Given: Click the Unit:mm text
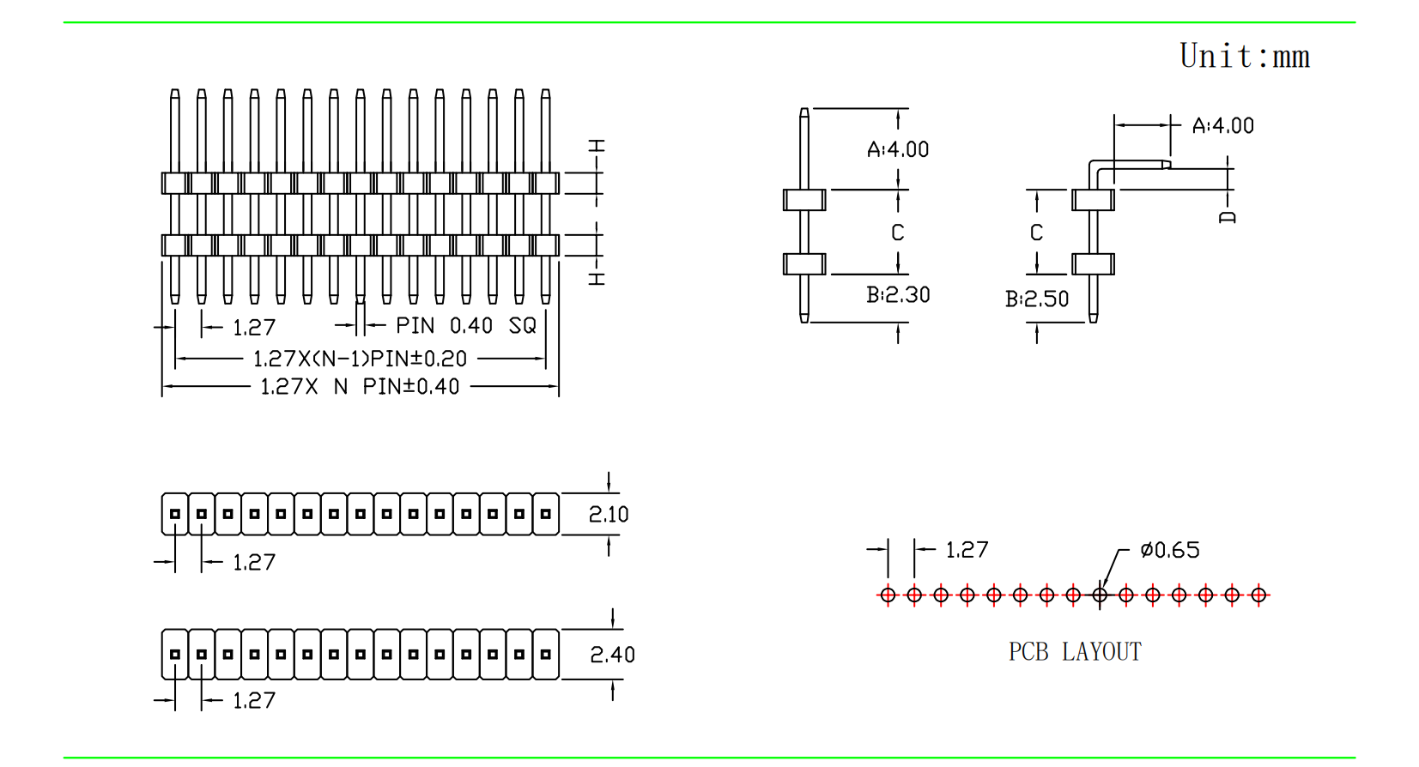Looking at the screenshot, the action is point(1244,56).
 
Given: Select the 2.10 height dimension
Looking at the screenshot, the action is point(608,514).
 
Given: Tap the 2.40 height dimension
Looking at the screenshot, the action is point(612,655).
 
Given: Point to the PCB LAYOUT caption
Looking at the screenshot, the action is point(1075,652).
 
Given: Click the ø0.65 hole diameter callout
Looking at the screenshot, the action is point(1169,550).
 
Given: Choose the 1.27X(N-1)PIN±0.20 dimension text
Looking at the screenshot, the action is point(360,359).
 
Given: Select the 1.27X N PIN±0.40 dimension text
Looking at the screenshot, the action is point(360,386).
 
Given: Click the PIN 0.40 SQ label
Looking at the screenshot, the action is point(465,325).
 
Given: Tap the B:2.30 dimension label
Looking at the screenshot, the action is point(898,294).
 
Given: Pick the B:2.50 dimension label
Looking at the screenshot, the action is point(1036,299).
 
